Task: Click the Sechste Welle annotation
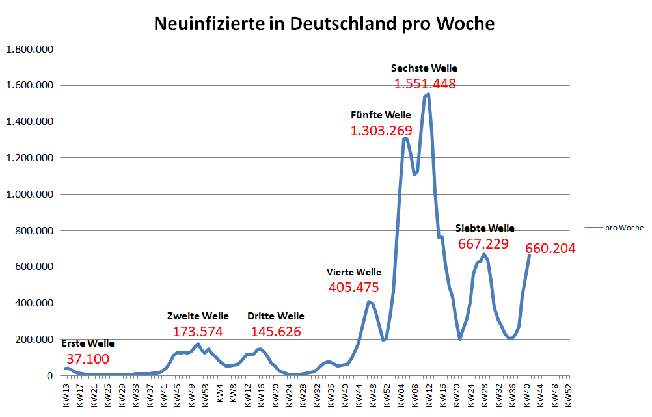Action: [x=424, y=68]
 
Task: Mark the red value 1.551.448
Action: [x=425, y=84]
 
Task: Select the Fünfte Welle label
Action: [x=381, y=115]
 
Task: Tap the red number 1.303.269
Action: [x=381, y=131]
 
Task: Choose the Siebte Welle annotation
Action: [x=485, y=228]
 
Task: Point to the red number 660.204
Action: [x=550, y=249]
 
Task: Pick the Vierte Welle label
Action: [x=354, y=272]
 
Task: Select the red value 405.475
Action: [x=354, y=288]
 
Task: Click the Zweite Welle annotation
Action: [x=198, y=316]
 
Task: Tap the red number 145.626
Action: [x=276, y=332]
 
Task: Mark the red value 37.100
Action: [x=88, y=359]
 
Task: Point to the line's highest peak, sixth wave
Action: [x=428, y=94]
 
